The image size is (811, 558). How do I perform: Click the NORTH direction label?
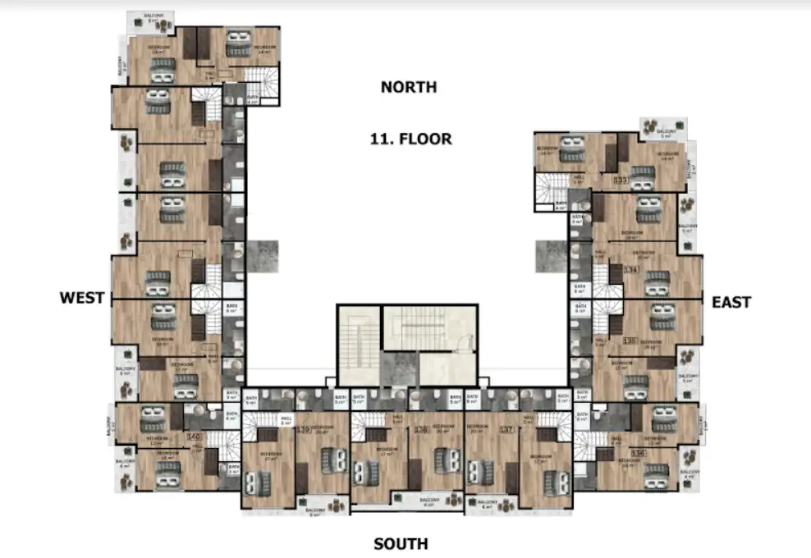tap(409, 87)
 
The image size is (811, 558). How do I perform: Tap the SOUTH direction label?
tap(401, 543)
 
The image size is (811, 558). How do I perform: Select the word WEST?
tap(82, 297)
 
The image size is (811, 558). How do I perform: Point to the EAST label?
tap(731, 302)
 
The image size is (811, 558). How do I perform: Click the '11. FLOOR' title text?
tap(410, 138)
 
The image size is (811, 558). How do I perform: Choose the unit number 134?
tap(631, 269)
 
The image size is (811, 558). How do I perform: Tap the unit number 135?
tap(630, 341)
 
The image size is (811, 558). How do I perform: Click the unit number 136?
tap(637, 453)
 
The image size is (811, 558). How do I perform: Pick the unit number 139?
tap(303, 428)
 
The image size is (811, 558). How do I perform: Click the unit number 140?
tap(194, 437)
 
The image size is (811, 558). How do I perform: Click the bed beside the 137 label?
tap(479, 473)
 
